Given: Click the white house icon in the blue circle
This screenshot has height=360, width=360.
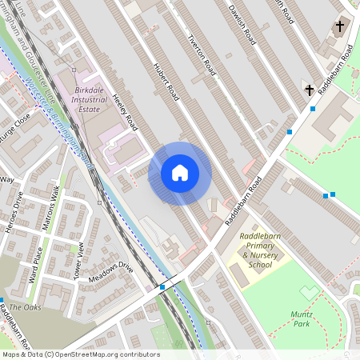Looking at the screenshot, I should [180, 173].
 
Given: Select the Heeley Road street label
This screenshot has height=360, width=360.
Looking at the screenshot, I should [126, 110].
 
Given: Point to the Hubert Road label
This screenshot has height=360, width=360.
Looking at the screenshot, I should [165, 79].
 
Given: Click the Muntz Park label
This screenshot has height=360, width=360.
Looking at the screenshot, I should [301, 318].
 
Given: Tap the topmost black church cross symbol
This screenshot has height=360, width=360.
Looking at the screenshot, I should [339, 26].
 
